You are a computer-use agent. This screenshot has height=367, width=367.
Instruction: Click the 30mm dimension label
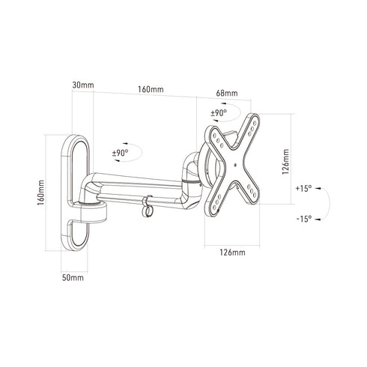(83, 85)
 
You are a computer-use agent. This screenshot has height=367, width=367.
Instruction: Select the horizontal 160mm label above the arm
(151, 90)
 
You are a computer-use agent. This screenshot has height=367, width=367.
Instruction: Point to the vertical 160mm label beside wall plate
(42, 191)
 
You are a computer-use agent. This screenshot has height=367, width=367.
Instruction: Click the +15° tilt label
(304, 188)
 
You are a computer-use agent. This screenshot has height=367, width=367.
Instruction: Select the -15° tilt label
(304, 218)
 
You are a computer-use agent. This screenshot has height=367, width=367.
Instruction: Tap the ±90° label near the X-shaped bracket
(218, 114)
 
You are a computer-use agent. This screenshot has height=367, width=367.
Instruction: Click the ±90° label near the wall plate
(120, 152)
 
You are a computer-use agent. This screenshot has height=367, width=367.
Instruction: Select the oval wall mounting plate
(77, 191)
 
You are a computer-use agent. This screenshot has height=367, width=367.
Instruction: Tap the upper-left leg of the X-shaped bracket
(219, 139)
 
